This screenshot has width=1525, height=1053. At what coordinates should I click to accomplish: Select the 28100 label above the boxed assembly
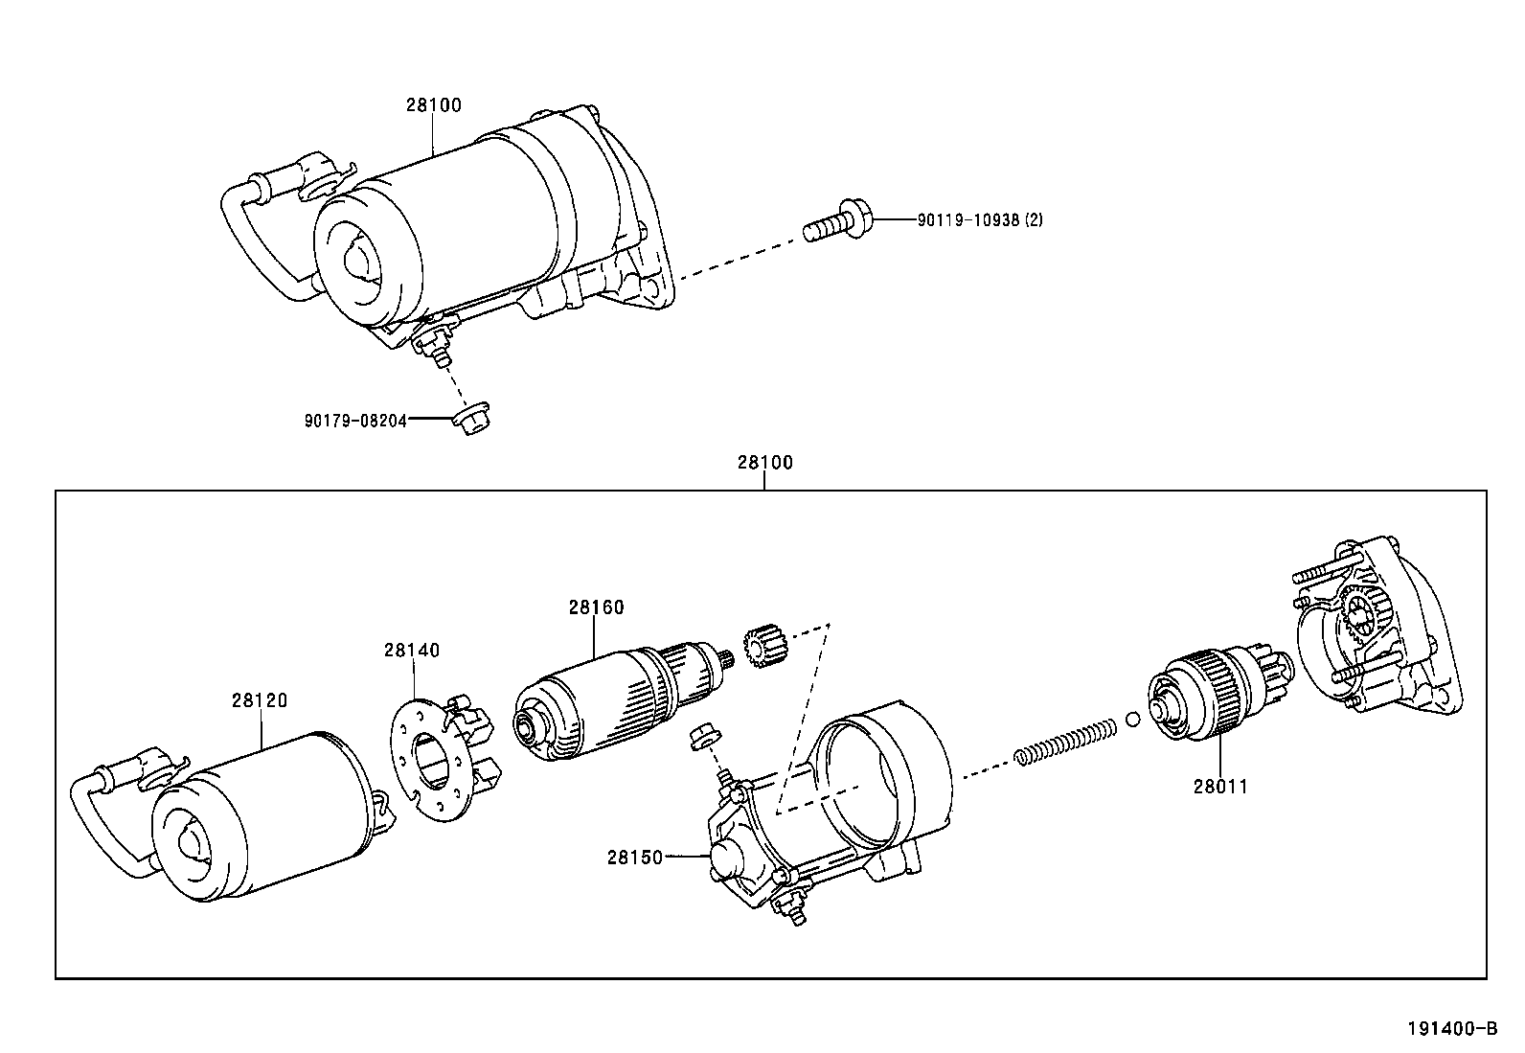pyautogui.click(x=764, y=462)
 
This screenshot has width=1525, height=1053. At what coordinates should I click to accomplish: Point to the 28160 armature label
pyautogui.click(x=595, y=607)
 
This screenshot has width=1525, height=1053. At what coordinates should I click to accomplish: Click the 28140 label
pyautogui.click(x=412, y=650)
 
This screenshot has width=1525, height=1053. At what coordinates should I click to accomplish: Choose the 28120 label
pyautogui.click(x=259, y=699)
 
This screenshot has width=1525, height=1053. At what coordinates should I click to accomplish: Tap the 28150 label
pyautogui.click(x=634, y=857)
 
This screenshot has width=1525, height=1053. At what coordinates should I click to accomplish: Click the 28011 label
pyautogui.click(x=1220, y=787)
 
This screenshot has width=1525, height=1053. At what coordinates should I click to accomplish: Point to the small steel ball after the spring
pyautogui.click(x=1133, y=720)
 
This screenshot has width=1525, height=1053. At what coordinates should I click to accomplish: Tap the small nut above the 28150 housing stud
pyautogui.click(x=700, y=736)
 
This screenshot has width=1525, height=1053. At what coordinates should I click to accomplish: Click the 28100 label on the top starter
pyautogui.click(x=433, y=104)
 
